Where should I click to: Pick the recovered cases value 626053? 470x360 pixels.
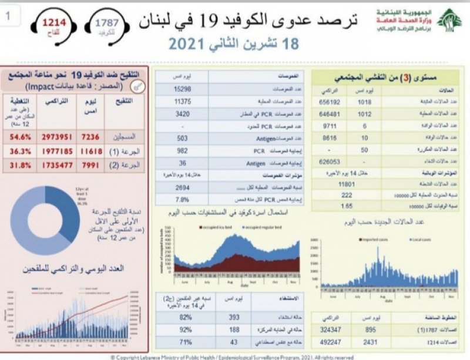tap(330, 160)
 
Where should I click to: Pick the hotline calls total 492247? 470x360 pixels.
tap(330, 341)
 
